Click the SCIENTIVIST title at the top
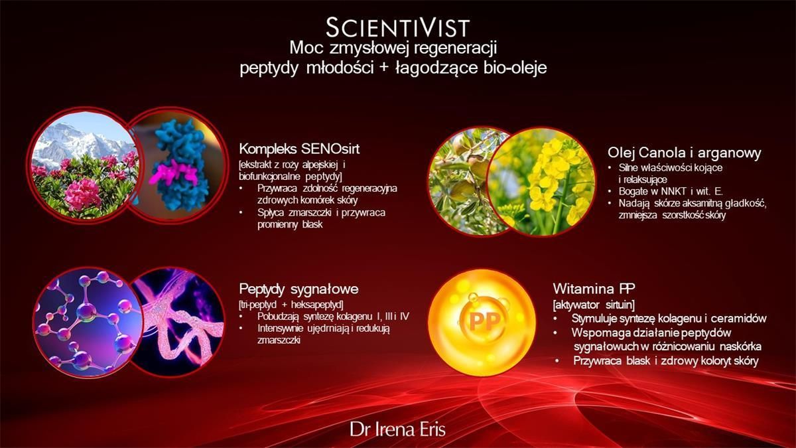(397, 28)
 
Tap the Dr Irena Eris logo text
(397, 429)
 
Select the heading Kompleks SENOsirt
(299, 149)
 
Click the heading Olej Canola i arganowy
(684, 153)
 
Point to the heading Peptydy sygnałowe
(298, 289)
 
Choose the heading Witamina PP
(594, 288)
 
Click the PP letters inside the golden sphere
(484, 321)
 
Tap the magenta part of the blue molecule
(173, 172)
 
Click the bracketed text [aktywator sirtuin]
(594, 305)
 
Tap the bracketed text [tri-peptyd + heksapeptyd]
(291, 305)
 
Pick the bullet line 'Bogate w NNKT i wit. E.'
(671, 191)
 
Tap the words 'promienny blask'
(290, 225)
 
